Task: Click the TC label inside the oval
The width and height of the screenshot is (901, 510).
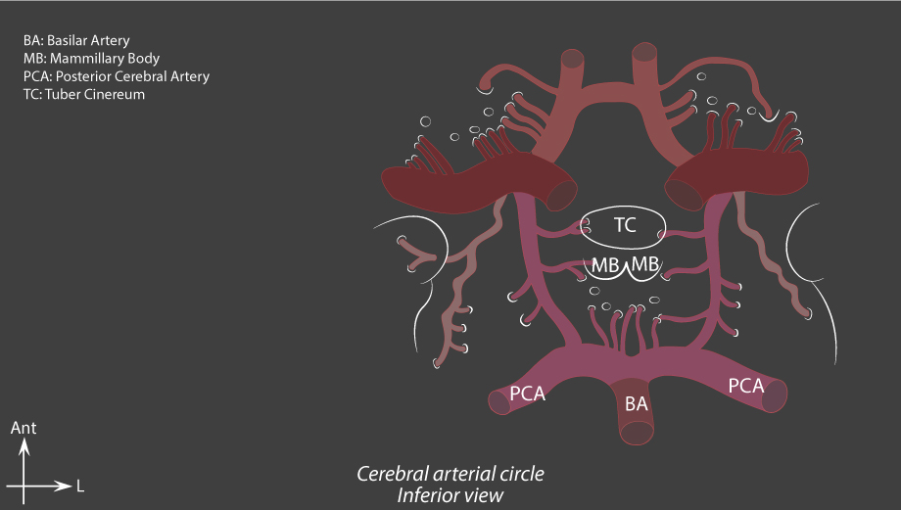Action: click(x=625, y=224)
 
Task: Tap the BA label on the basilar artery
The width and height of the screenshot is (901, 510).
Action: click(x=637, y=403)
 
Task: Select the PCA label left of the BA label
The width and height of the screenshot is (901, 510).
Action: click(x=528, y=394)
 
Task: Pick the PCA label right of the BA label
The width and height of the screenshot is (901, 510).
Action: click(x=746, y=386)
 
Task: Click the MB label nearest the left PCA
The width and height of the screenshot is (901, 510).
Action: click(x=605, y=264)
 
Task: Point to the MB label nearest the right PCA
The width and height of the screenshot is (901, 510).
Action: click(x=645, y=264)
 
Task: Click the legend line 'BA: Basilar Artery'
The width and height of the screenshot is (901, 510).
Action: click(x=76, y=41)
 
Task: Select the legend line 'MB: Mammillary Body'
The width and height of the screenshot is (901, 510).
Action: click(x=91, y=59)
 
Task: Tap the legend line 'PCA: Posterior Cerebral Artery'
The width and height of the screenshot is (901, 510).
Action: click(x=117, y=76)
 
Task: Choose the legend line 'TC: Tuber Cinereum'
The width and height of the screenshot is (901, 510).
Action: click(x=84, y=94)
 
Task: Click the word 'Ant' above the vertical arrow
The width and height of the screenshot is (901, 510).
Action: click(x=24, y=428)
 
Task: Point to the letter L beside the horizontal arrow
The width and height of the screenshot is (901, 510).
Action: click(x=80, y=487)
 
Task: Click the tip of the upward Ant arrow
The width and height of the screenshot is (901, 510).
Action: click(x=24, y=439)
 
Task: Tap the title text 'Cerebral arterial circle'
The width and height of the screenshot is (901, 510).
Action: click(x=450, y=474)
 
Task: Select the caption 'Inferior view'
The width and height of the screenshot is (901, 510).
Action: click(x=450, y=495)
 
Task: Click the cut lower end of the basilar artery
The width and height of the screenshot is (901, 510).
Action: click(x=637, y=433)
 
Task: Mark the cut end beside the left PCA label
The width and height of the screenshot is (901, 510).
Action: click(x=499, y=402)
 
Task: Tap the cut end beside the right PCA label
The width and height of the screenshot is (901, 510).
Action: click(x=775, y=395)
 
